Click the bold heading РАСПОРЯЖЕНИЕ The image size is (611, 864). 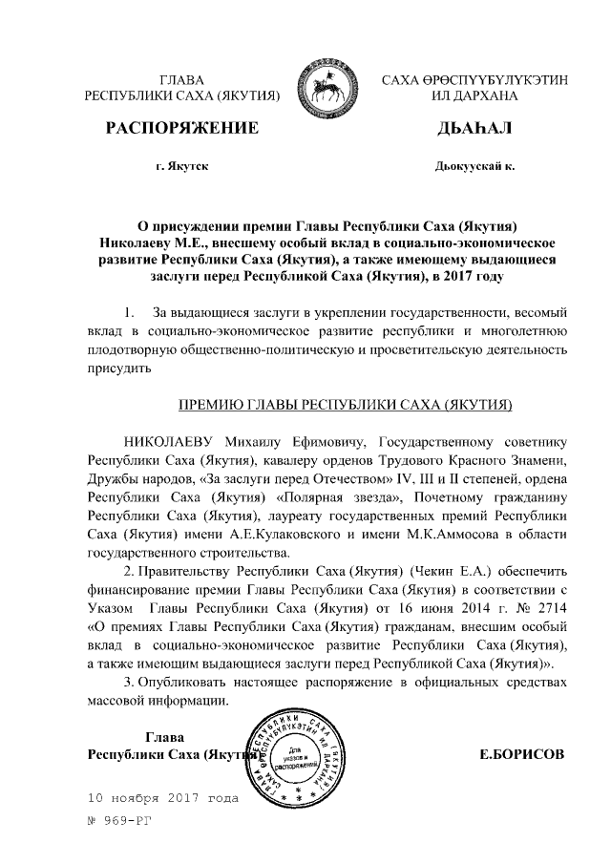pos(181,128)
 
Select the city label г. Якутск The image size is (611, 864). pos(181,166)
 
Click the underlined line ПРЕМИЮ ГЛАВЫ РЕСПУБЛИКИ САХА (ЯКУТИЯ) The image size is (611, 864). pos(347,405)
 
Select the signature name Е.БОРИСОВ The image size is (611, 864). pos(521,753)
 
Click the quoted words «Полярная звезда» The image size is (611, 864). pos(330,497)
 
